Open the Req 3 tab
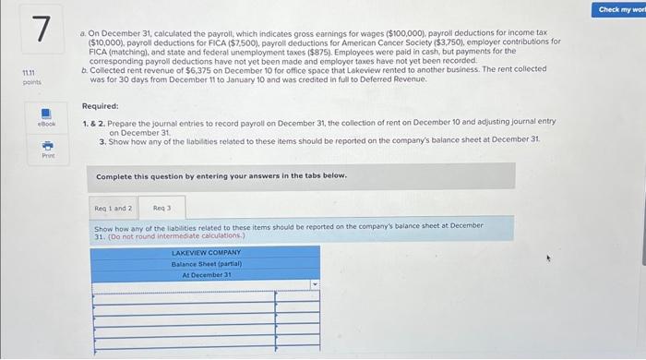tap(163, 208)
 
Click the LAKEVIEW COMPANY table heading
tap(205, 252)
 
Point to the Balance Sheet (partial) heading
tap(205, 263)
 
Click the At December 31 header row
tap(205, 274)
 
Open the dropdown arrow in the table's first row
tap(315, 285)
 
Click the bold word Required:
tap(100, 106)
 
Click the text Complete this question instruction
tap(221, 174)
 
